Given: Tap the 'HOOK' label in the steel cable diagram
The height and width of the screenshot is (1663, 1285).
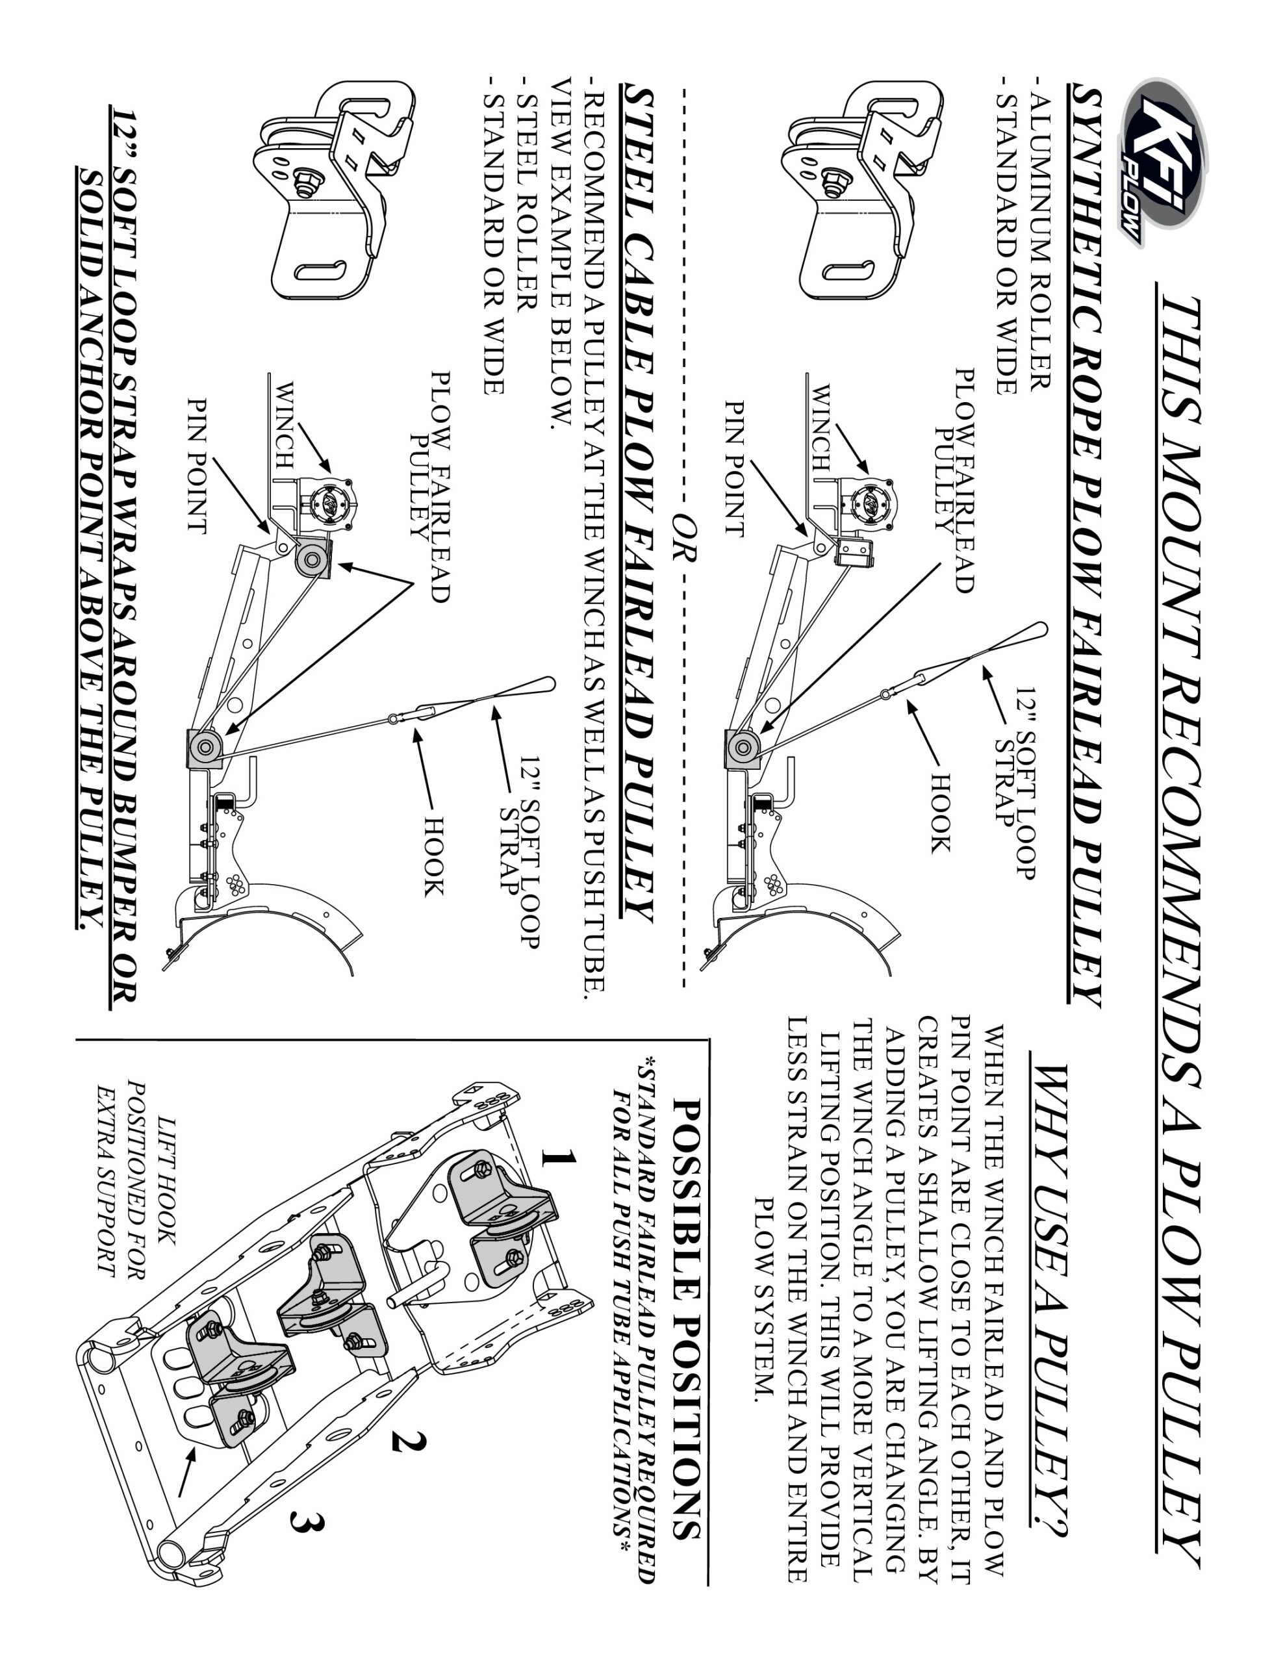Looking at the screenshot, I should (x=432, y=856).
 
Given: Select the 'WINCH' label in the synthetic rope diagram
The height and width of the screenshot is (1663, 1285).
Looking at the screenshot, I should (x=821, y=426).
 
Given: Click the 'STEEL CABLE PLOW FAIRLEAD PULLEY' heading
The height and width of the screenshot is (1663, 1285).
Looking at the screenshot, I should (x=639, y=503).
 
